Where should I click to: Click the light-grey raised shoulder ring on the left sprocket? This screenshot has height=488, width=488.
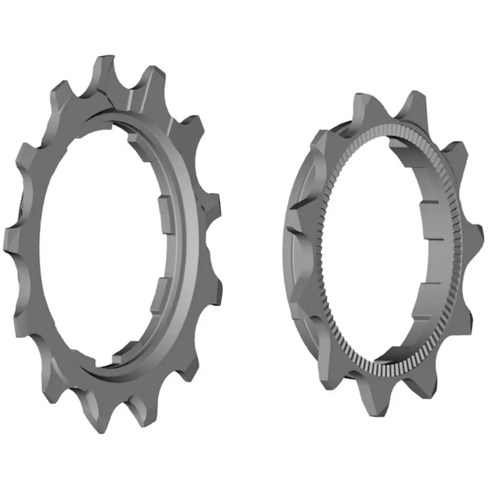(188, 238)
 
